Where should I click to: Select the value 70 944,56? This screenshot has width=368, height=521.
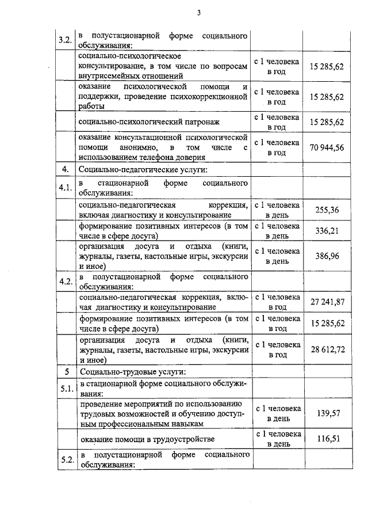pyautogui.click(x=327, y=147)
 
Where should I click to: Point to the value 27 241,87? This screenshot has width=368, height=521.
pyautogui.click(x=327, y=302)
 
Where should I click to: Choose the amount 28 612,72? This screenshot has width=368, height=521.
pyautogui.click(x=327, y=349)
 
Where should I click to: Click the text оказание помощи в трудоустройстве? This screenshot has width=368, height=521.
pyautogui.click(x=140, y=439)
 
